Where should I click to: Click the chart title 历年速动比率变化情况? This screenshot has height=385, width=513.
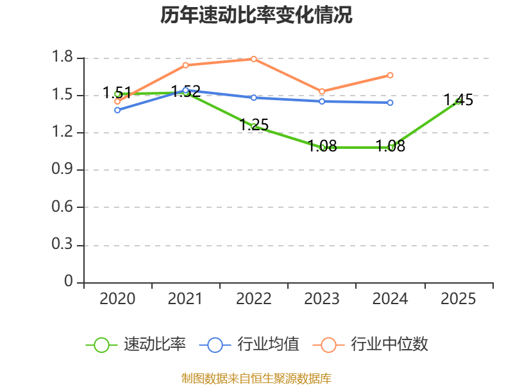[x=256, y=15]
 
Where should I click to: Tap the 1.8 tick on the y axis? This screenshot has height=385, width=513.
[x=62, y=56]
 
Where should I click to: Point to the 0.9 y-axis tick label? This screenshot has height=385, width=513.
[x=62, y=169]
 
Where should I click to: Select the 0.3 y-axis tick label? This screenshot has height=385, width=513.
[x=62, y=244]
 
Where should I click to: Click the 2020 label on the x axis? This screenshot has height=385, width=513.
[x=117, y=299]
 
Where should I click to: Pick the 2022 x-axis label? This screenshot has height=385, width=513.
[x=253, y=299]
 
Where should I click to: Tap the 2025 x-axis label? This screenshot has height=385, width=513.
[x=458, y=299]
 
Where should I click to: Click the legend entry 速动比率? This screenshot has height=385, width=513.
[x=135, y=345]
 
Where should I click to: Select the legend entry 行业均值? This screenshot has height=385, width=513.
[x=249, y=345]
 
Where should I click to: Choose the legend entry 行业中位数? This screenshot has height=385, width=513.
[x=371, y=345]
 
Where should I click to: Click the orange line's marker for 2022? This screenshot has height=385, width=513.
[x=253, y=59]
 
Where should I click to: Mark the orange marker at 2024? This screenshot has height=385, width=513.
[x=390, y=75]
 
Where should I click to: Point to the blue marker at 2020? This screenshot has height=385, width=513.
[x=117, y=110]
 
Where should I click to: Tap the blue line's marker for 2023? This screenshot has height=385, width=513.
[x=322, y=101]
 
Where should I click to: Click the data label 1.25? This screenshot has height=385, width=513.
[x=254, y=124]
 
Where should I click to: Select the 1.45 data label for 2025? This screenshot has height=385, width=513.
[x=458, y=100]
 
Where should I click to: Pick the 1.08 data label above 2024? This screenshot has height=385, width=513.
[x=391, y=146]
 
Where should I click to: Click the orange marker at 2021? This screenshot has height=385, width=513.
[x=185, y=65]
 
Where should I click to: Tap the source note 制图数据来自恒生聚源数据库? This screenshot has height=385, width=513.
[x=256, y=378]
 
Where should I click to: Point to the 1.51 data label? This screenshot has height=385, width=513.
[x=117, y=92]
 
